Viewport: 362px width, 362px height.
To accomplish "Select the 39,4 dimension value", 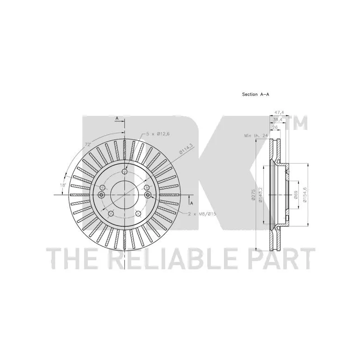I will pyautogui.click(x=278, y=119).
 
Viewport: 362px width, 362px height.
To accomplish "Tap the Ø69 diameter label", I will pyautogui.click(x=295, y=194).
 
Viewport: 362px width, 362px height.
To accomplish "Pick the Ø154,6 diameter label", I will pyautogui.click(x=305, y=195).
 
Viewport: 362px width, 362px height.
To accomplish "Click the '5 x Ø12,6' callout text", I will pyautogui.click(x=156, y=134).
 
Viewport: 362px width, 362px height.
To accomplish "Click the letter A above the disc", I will pyautogui.click(x=117, y=119).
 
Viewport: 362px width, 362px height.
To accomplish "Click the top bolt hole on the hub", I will pyautogui.click(x=124, y=171).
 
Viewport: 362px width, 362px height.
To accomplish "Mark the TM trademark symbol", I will pyautogui.click(x=299, y=122).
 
